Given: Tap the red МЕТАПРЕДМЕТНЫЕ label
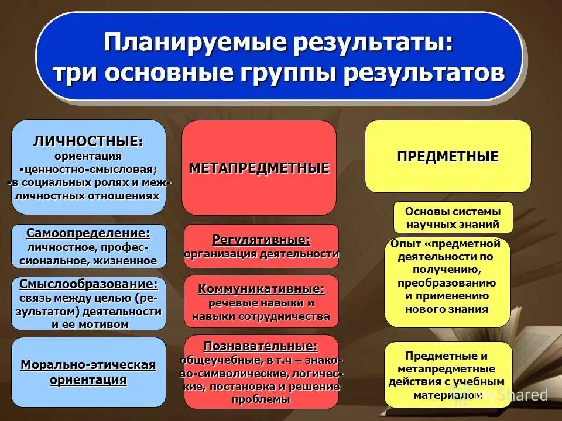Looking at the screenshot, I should click(259, 168).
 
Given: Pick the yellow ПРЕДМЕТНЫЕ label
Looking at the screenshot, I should click(448, 156).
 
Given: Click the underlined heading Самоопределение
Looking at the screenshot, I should click(88, 233).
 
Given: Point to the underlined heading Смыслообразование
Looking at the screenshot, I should click(88, 284).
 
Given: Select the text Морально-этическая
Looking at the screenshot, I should click(88, 365).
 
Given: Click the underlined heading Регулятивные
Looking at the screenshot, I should click(261, 240).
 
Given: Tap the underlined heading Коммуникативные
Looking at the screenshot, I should click(261, 289).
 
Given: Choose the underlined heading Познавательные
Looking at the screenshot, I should click(261, 346).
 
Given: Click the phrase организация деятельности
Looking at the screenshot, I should click(261, 254).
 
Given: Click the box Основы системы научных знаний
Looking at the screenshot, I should click(453, 217).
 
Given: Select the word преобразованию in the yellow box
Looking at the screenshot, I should click(447, 282).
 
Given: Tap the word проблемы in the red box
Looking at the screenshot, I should click(261, 399).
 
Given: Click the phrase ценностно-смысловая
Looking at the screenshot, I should click(88, 170).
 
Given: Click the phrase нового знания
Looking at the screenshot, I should click(447, 309).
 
